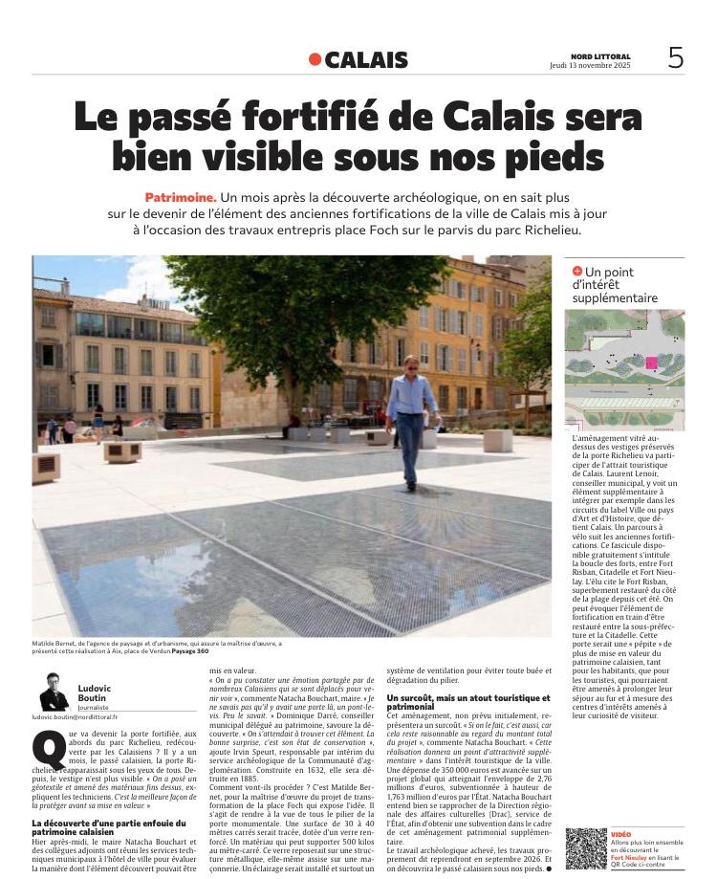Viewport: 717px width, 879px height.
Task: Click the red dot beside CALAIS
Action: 315,59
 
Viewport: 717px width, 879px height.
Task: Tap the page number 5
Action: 675,58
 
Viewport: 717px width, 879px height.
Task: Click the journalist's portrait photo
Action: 54,691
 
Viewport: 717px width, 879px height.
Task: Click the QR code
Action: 585,847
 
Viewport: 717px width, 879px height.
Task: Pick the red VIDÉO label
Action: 621,835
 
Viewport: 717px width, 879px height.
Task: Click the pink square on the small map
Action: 653,363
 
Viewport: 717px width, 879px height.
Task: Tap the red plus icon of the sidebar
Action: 576,272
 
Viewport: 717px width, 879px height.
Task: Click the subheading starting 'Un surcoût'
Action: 467,702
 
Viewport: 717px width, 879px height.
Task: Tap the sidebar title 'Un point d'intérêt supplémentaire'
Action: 616,285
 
